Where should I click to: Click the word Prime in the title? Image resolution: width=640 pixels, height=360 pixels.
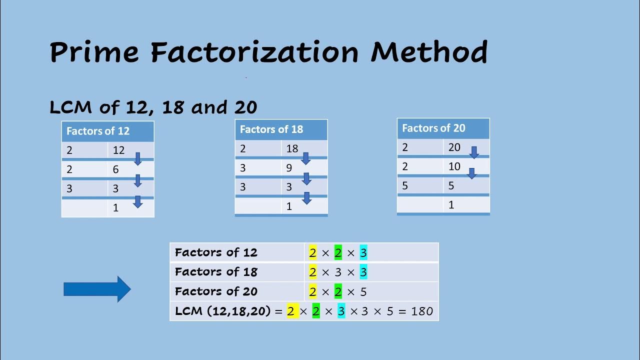(x=94, y=51)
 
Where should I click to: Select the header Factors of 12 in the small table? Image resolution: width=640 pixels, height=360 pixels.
(x=98, y=131)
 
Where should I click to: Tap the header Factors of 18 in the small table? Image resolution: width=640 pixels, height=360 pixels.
(x=271, y=129)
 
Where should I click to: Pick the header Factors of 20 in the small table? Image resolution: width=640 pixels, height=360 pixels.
(x=433, y=128)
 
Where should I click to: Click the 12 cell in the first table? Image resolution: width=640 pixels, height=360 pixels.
(x=118, y=150)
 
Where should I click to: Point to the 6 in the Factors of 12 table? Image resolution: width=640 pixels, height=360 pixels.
(x=115, y=169)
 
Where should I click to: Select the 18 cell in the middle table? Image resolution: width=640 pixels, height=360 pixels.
(x=292, y=148)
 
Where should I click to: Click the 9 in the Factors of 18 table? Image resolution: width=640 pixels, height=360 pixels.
(x=289, y=168)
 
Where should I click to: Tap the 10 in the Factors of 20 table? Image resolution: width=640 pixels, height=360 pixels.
(x=454, y=166)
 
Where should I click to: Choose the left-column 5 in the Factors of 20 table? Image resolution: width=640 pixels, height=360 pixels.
(x=405, y=186)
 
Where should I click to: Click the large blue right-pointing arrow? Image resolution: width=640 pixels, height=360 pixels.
(x=97, y=289)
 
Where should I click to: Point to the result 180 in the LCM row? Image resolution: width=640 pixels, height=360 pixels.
(x=422, y=311)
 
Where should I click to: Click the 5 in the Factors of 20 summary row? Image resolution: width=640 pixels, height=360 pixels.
(x=363, y=292)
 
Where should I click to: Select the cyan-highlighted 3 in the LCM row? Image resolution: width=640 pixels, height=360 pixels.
(x=341, y=311)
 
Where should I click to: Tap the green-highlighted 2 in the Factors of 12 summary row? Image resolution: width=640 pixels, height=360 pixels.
(x=338, y=253)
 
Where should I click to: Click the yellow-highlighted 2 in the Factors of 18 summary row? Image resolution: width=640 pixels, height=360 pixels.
(x=313, y=272)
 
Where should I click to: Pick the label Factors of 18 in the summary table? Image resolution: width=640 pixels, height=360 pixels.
(x=216, y=272)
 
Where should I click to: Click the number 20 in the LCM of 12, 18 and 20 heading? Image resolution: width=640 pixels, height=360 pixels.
(x=245, y=107)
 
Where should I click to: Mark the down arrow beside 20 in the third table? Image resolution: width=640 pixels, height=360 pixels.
(x=474, y=152)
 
